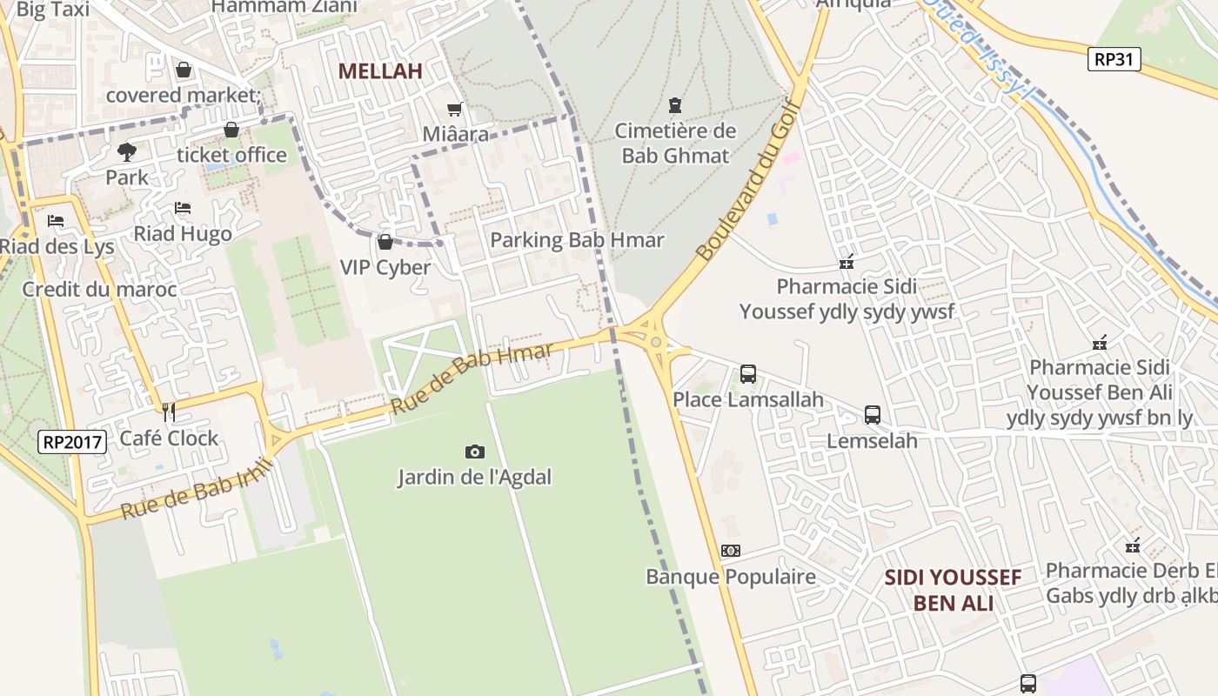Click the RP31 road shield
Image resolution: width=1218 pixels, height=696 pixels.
(x=1114, y=59)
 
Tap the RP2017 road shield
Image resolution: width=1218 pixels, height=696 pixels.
(x=73, y=442)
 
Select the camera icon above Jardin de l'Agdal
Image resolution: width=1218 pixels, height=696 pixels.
(x=475, y=452)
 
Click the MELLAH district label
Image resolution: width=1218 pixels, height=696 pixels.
(x=380, y=71)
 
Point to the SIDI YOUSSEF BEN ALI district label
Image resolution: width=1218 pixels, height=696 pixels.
(x=953, y=590)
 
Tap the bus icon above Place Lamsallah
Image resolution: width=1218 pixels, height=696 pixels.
(x=748, y=374)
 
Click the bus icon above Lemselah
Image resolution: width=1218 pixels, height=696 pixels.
(x=873, y=415)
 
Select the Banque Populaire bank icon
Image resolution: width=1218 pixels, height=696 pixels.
(x=731, y=551)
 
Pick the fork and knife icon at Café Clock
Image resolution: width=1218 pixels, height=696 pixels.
(x=169, y=412)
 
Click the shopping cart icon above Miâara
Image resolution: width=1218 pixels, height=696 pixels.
(x=454, y=110)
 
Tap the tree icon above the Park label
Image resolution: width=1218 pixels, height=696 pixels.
(x=127, y=152)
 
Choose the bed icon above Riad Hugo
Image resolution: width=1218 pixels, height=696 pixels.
(x=183, y=208)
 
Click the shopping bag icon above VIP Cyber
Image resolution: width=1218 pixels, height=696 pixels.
(x=385, y=242)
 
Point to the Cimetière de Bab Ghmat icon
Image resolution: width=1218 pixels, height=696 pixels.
(x=674, y=106)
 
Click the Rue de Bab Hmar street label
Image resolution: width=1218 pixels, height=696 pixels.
(x=471, y=379)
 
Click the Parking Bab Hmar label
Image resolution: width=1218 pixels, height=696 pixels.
(x=577, y=240)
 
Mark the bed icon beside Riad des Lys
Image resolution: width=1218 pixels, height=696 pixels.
(x=56, y=221)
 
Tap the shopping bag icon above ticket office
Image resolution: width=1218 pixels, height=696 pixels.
(x=231, y=130)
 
